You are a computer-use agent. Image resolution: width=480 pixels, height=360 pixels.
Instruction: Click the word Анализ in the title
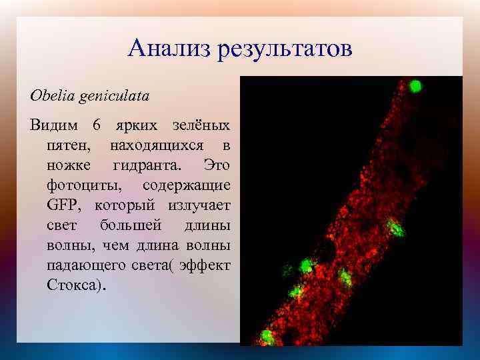point(169,49)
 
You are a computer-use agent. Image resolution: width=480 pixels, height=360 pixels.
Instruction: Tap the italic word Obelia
point(52,95)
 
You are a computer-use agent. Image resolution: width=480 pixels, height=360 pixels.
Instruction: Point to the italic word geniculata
point(113,95)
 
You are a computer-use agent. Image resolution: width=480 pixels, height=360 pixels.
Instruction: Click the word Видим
point(53,125)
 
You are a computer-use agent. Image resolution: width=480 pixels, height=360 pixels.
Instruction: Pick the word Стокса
point(73,285)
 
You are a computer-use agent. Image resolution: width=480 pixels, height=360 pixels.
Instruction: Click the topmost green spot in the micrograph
point(415,85)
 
